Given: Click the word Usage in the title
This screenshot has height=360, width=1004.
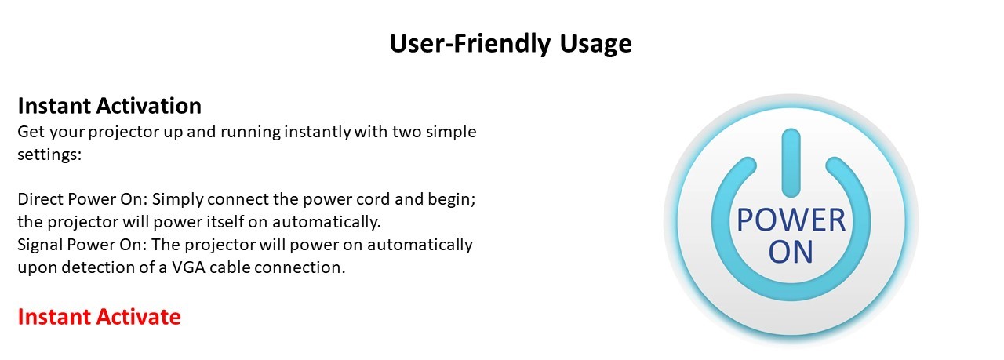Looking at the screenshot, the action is [595, 44].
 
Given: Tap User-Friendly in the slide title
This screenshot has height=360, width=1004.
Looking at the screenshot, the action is [470, 43].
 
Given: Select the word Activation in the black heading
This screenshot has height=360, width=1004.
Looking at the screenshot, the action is [149, 106].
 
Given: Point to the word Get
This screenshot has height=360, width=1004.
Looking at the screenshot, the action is [31, 132].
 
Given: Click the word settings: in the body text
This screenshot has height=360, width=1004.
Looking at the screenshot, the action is [49, 155].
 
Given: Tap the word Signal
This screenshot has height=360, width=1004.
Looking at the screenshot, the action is [40, 245].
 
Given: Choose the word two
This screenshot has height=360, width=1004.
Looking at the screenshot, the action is [406, 132].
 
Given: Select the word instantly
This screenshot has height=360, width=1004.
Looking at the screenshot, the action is [318, 133].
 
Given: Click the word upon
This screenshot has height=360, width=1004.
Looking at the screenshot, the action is [37, 268].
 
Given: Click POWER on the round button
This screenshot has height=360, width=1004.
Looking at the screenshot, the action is [791, 220].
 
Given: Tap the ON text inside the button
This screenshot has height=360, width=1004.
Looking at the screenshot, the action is [791, 252].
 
